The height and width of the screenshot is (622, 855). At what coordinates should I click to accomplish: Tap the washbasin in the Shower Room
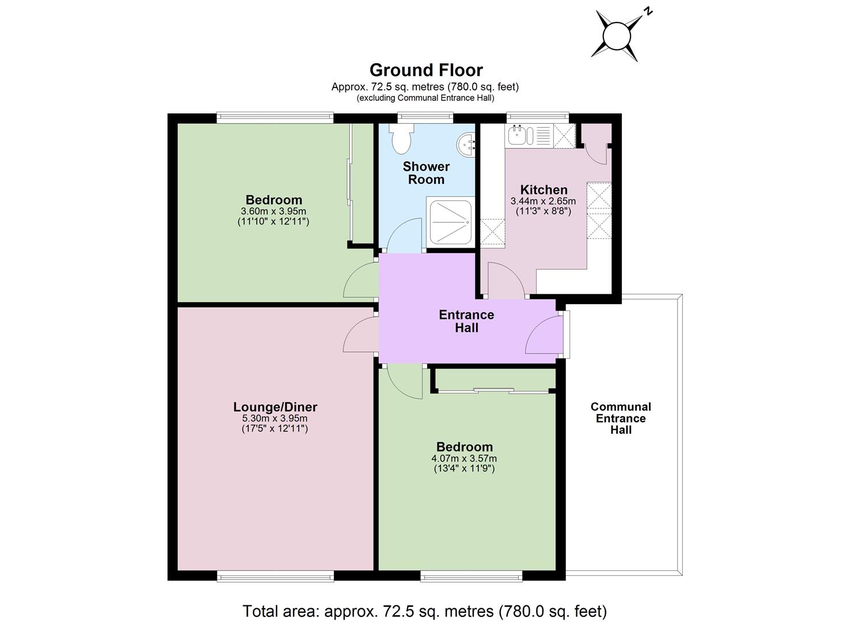[x=466, y=145]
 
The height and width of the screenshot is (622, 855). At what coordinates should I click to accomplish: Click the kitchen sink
[x=519, y=135]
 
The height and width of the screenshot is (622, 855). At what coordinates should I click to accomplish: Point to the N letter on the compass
[x=648, y=12]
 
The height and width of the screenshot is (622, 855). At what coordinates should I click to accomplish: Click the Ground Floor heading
[x=426, y=70]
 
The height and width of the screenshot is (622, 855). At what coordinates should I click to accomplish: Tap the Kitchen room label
[x=544, y=190]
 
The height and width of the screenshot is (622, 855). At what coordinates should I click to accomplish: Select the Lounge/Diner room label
[x=275, y=407]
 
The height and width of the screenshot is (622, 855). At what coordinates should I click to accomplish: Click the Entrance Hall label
[x=466, y=321]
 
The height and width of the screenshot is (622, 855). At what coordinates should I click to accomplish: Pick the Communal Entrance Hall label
[x=621, y=418]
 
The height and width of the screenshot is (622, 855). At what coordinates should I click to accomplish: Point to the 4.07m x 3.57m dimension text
[x=464, y=458]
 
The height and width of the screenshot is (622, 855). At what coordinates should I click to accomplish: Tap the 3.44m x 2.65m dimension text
[x=543, y=201]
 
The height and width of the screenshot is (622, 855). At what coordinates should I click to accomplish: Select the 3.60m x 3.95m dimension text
[x=273, y=211]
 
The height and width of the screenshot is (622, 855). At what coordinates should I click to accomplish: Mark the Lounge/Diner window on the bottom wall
[x=275, y=576]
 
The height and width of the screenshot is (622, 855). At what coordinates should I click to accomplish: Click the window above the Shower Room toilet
[x=425, y=118]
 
